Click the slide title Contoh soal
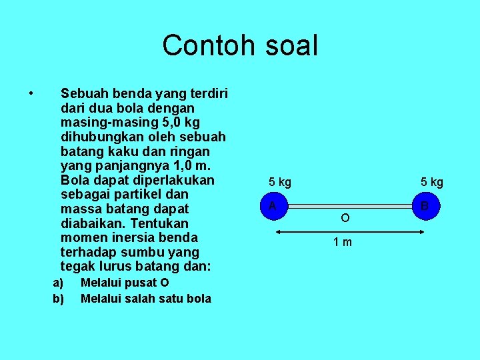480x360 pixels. tap(240, 45)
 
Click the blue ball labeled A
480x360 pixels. tap(273, 207)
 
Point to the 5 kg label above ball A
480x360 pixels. tap(279, 182)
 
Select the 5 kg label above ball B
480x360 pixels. tap(431, 182)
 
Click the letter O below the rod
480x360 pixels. tap(345, 218)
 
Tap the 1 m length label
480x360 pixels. tap(343, 242)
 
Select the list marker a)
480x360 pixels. tap(58, 283)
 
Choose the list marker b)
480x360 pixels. tap(58, 299)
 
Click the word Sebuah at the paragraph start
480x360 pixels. tap(83, 93)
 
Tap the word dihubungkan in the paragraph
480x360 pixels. tap(100, 137)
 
